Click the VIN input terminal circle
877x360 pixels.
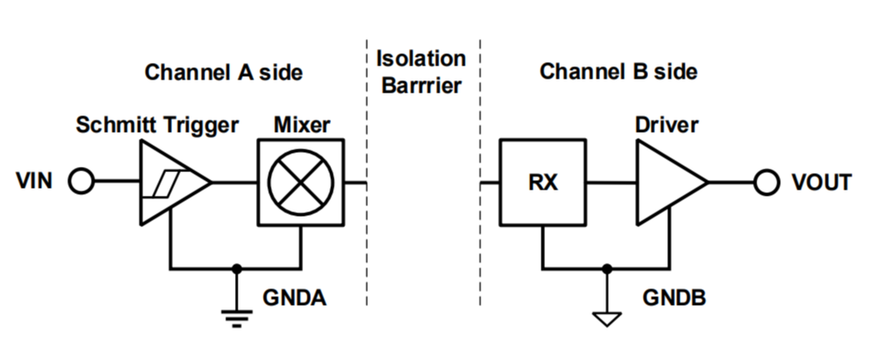tap(81, 182)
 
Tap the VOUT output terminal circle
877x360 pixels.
tap(766, 183)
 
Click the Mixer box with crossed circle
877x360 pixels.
tap(300, 182)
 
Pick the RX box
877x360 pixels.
tap(542, 183)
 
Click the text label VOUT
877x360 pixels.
tap(821, 183)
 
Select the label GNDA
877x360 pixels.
tap(294, 299)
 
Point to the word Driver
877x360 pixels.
tap(667, 125)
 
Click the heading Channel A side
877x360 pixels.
tap(224, 72)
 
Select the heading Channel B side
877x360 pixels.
tap(618, 72)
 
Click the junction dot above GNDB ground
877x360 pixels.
tap(605, 268)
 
